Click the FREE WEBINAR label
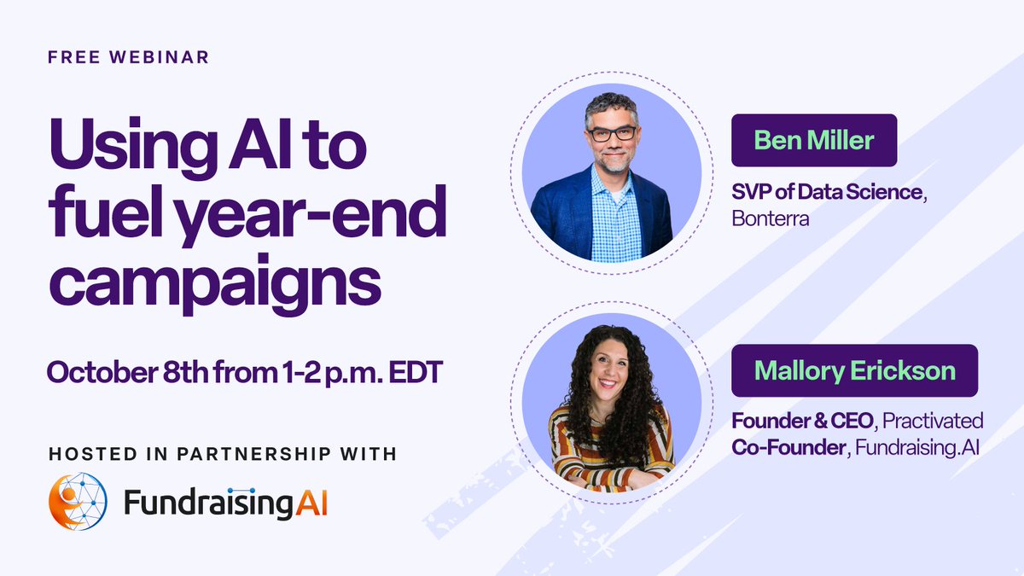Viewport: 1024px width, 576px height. coord(128,59)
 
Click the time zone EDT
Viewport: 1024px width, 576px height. coord(411,372)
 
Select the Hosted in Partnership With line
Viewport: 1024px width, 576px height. coord(222,453)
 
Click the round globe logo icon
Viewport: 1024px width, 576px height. coord(78,502)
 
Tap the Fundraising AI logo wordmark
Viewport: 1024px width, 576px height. coord(226,503)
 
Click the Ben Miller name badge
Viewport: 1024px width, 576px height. coord(813,140)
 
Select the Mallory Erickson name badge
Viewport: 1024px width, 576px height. coord(854,370)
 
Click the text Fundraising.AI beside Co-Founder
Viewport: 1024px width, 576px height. coord(925,444)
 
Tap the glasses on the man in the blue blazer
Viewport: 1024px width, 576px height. coord(611,133)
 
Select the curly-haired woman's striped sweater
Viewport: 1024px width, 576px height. coord(611,452)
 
